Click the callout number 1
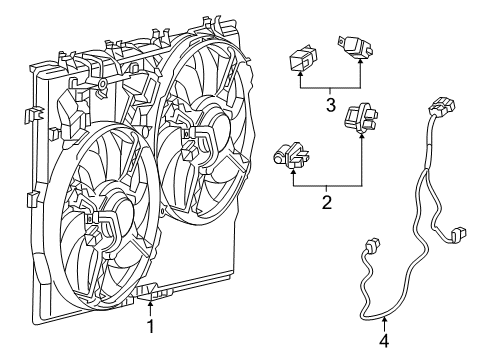[x=152, y=325]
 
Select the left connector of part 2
[x=289, y=155]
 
